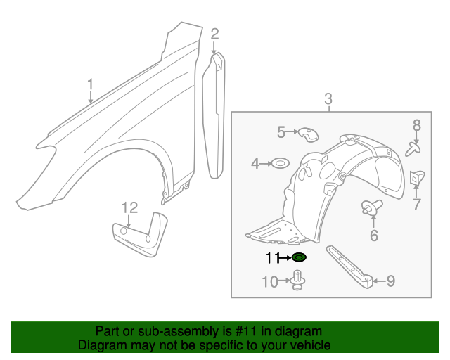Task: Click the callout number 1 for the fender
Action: click(x=90, y=86)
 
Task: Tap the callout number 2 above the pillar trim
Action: click(x=214, y=33)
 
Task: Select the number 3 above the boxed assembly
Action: click(x=328, y=101)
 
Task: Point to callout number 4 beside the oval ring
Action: click(x=255, y=164)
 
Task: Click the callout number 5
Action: click(x=281, y=131)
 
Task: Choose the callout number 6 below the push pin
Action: click(x=373, y=236)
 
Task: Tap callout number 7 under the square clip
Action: click(x=416, y=205)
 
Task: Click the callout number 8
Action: click(x=416, y=125)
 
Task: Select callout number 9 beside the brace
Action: click(x=390, y=281)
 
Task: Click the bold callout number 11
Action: click(x=272, y=257)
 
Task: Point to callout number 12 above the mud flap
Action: click(x=129, y=207)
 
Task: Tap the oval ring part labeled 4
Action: click(x=279, y=164)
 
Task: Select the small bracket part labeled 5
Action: click(x=306, y=133)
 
